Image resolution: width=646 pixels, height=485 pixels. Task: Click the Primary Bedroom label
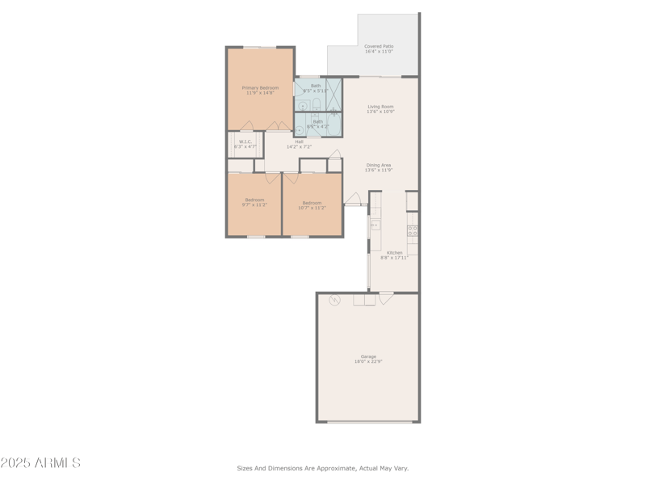click(260, 87)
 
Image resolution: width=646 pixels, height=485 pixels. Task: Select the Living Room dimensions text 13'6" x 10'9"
click(380, 112)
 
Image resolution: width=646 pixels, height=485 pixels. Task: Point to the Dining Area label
click(379, 165)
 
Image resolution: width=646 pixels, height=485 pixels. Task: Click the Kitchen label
click(394, 252)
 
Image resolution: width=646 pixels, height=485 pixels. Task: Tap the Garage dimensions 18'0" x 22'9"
click(368, 361)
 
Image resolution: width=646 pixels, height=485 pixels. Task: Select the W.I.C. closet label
click(245, 141)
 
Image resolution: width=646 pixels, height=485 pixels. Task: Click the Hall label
click(299, 141)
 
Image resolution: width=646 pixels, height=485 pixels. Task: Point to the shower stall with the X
click(333, 94)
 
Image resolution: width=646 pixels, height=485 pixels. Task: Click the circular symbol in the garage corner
click(334, 300)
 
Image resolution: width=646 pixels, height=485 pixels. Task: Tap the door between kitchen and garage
click(386, 297)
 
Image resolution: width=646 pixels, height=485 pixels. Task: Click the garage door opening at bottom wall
click(367, 421)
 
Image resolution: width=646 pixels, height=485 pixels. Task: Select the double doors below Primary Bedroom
click(279, 126)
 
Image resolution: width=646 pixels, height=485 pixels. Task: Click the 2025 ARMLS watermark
click(40, 463)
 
